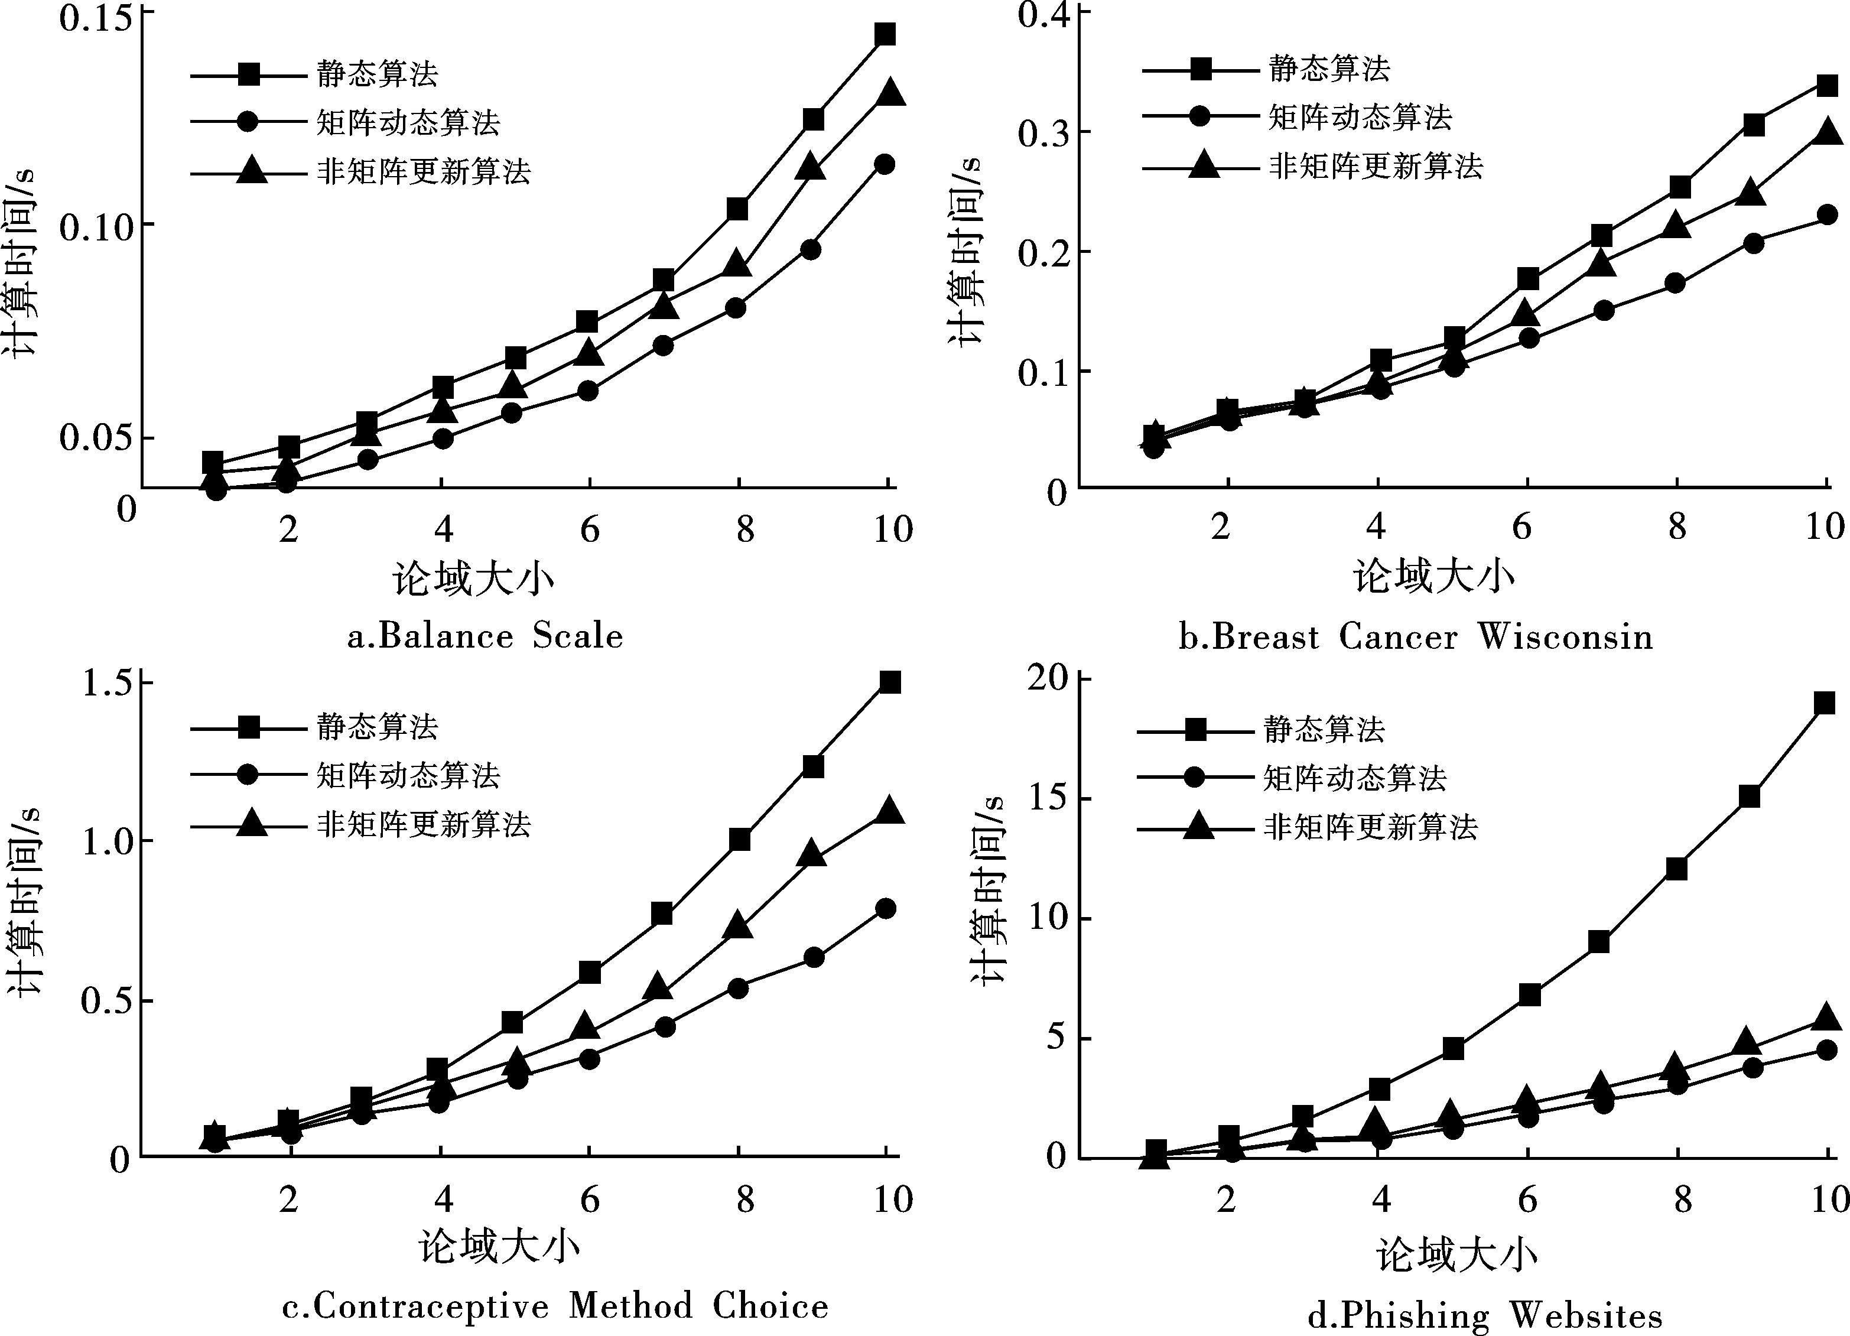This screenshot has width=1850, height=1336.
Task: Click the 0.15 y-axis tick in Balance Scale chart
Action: pyautogui.click(x=96, y=18)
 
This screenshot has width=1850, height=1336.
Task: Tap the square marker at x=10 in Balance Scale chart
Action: pyautogui.click(x=885, y=34)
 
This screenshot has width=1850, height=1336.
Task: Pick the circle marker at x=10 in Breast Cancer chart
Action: pyautogui.click(x=1826, y=215)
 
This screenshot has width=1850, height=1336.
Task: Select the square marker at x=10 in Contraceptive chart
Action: pyautogui.click(x=890, y=682)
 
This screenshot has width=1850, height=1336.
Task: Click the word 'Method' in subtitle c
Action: pyautogui.click(x=630, y=1306)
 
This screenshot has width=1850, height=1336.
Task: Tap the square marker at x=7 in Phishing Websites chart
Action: pyautogui.click(x=1599, y=942)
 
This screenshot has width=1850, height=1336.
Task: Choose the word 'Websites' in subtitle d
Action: pyautogui.click(x=1585, y=1315)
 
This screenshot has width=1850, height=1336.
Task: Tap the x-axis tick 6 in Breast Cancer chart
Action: pyautogui.click(x=1522, y=527)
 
